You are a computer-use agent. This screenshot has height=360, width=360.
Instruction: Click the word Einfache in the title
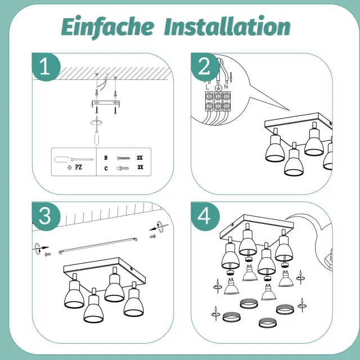(107, 27)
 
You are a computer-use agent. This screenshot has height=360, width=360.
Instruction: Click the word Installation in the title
(227, 26)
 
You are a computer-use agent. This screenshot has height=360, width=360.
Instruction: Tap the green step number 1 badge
(46, 66)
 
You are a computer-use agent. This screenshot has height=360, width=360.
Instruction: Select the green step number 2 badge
(205, 66)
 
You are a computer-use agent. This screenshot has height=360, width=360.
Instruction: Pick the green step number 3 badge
(46, 216)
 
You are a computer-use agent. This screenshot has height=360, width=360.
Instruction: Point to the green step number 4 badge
(205, 216)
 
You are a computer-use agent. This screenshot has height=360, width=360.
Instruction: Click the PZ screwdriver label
(78, 167)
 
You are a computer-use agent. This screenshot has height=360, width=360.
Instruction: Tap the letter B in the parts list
(106, 157)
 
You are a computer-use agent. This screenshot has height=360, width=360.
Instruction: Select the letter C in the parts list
(106, 169)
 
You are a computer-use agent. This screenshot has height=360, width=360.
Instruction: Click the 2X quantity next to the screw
(139, 157)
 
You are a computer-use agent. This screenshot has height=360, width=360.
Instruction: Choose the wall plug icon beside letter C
(123, 168)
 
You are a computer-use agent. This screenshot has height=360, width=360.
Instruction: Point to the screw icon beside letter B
(124, 158)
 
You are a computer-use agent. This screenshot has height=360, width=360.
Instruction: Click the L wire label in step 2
(208, 87)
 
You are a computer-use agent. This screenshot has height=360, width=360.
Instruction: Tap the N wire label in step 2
(226, 87)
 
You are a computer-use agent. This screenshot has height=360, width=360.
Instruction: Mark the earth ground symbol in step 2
(218, 88)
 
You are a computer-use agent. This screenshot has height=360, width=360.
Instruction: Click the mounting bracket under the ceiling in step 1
(106, 103)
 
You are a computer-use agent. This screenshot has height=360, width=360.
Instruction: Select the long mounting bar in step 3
(98, 246)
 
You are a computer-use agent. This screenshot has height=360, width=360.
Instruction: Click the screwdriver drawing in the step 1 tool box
(74, 159)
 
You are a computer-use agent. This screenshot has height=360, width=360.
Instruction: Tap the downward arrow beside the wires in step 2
(231, 77)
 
